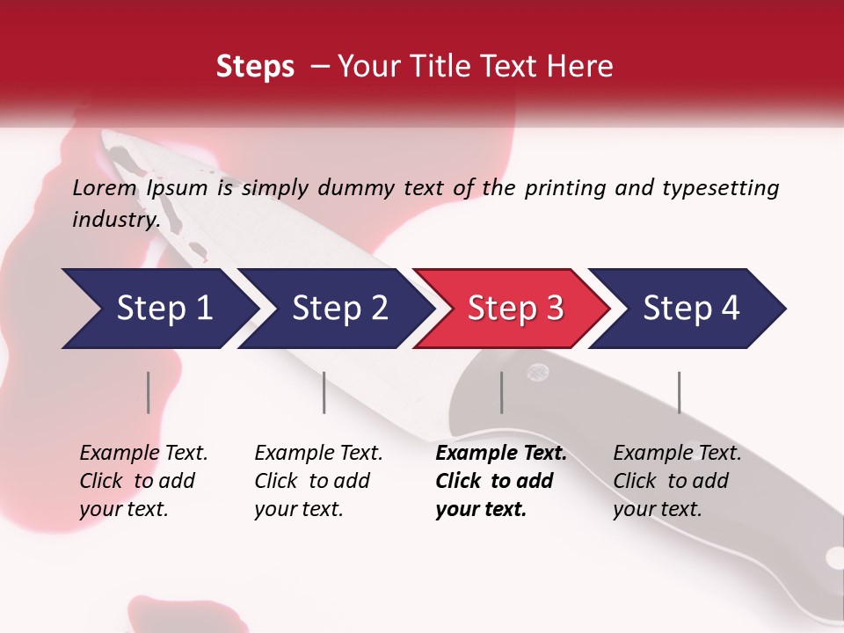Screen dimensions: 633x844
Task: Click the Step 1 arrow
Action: pos(158,309)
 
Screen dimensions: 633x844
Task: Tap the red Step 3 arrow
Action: pos(514,309)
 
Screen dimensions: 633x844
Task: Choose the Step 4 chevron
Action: pos(690,309)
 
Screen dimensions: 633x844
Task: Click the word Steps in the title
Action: pos(255,67)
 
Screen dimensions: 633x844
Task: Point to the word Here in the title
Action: pos(580,67)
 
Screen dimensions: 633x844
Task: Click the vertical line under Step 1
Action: pos(149,392)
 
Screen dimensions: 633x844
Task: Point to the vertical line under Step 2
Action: pos(324,392)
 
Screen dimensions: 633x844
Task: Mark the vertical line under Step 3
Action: pos(501,392)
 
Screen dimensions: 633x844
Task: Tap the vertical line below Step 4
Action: pos(679,392)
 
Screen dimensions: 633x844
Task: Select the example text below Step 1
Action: pos(143,481)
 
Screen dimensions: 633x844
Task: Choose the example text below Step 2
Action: pos(318,481)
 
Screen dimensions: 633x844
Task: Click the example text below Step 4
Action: pos(677,481)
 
